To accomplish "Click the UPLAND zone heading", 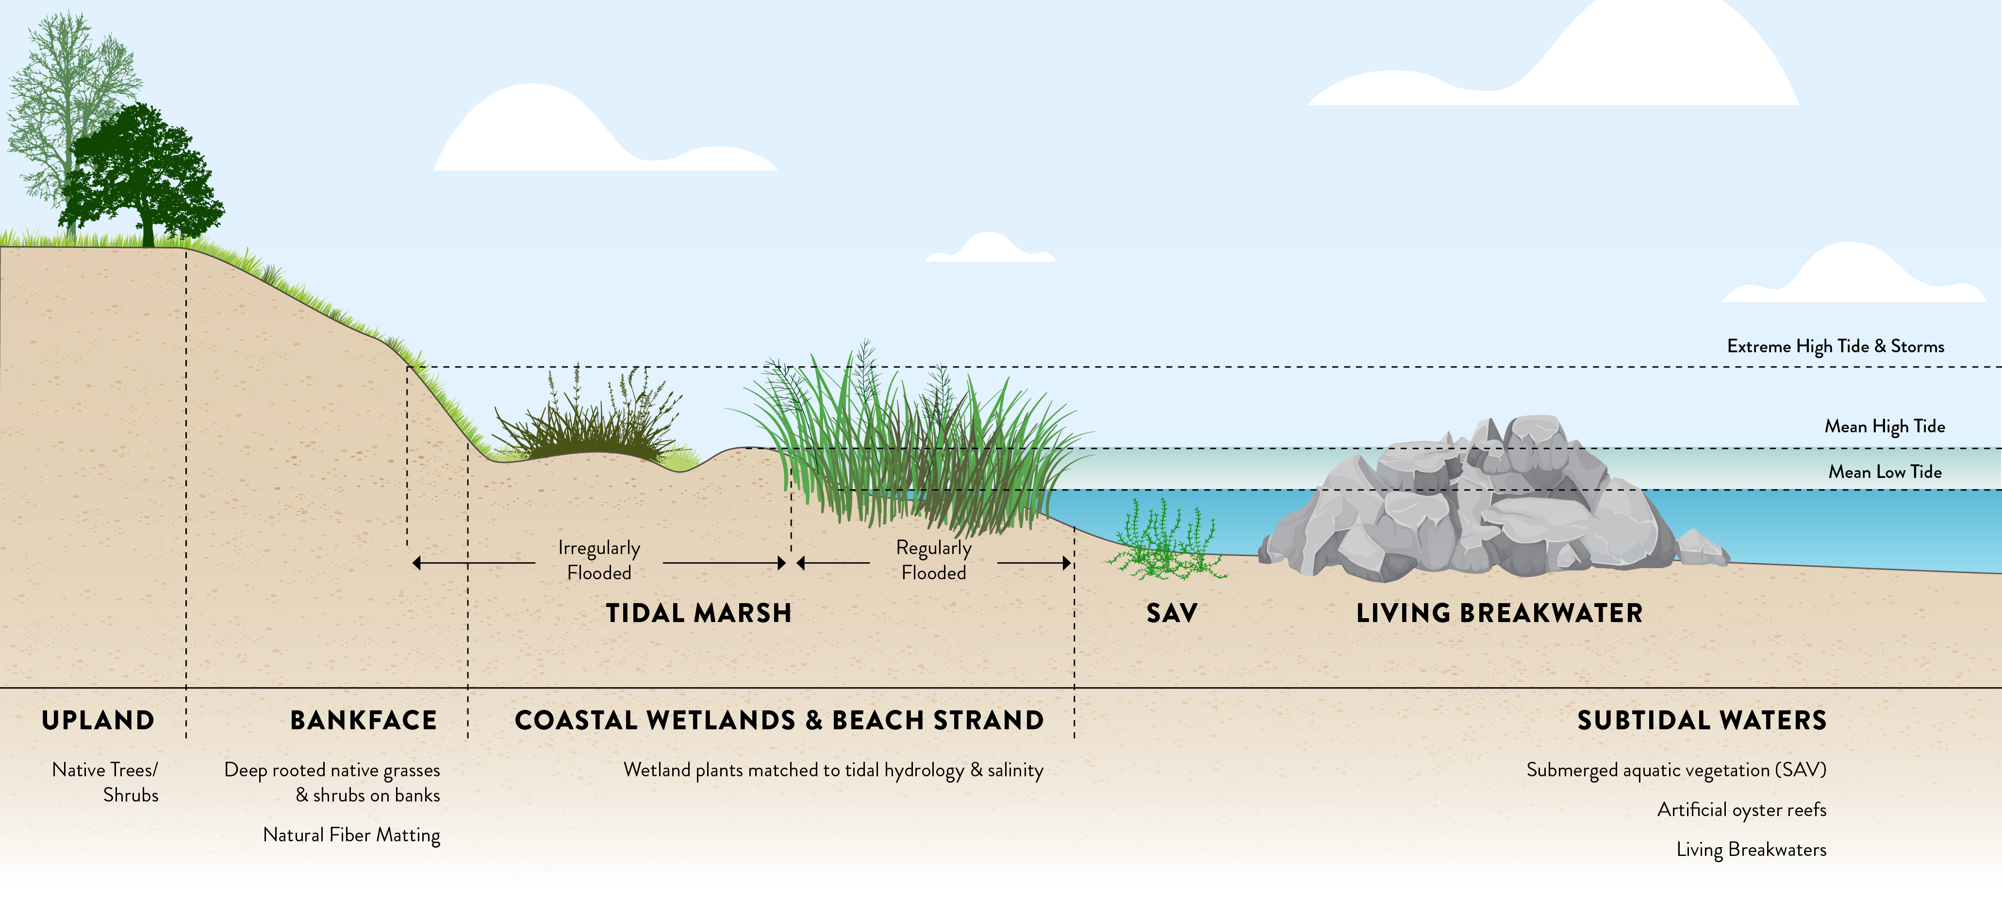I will tap(98, 720).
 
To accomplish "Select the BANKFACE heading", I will tap(363, 720).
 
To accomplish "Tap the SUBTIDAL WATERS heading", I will tap(1701, 720).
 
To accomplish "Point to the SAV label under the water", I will tap(1171, 613).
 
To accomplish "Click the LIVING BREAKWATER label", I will tap(1499, 613).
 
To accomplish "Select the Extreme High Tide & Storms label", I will tap(1835, 346).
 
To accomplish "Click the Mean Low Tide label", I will tap(1885, 472).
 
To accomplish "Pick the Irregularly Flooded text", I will tap(598, 560).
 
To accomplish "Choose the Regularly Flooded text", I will tap(933, 560).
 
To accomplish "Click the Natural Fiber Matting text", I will tap(351, 835).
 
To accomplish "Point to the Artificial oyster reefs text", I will tap(1741, 809).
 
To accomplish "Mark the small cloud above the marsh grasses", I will tap(989, 248).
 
